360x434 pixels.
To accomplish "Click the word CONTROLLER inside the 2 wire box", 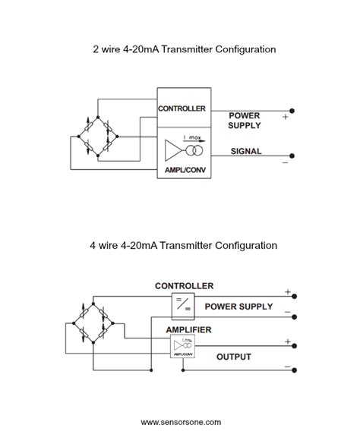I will (182, 108).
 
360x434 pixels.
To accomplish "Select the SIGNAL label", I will (245, 151).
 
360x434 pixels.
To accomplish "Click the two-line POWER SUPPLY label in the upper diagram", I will (245, 121).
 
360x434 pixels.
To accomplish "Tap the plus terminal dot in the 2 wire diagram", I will (292, 111).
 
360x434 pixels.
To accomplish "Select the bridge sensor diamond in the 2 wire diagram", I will (95, 137).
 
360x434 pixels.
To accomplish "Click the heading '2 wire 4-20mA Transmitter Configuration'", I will (179, 49).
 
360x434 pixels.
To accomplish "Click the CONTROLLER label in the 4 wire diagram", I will (184, 286).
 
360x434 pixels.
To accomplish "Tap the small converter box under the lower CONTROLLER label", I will (182, 305).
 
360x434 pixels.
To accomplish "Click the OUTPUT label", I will (235, 356).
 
